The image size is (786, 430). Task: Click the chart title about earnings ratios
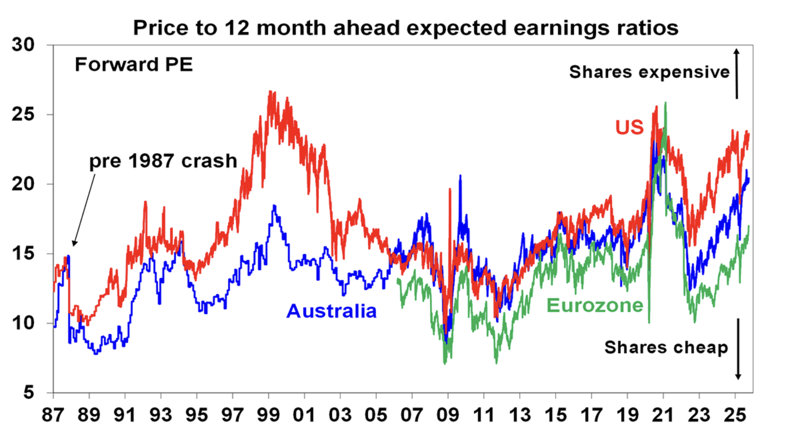(406, 28)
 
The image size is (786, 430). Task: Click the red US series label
(630, 128)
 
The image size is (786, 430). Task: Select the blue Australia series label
(331, 311)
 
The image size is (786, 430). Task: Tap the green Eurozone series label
(595, 306)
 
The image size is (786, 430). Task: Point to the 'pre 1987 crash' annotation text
(163, 161)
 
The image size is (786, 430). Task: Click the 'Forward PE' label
(134, 65)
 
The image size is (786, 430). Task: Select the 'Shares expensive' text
(649, 72)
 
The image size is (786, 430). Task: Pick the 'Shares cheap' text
(666, 348)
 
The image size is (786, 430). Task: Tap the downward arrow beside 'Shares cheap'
(738, 349)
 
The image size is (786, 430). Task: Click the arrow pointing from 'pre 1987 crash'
(84, 210)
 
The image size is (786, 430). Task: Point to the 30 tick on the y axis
(23, 45)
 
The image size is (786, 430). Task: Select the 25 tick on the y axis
(23, 114)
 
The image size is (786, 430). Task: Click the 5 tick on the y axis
(29, 392)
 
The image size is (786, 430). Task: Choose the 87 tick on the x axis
(53, 415)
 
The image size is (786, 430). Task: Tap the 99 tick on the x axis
(268, 415)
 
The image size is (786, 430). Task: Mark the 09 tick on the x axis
(448, 415)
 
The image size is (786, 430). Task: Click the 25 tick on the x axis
(735, 415)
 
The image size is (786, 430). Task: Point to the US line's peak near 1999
(270, 92)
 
